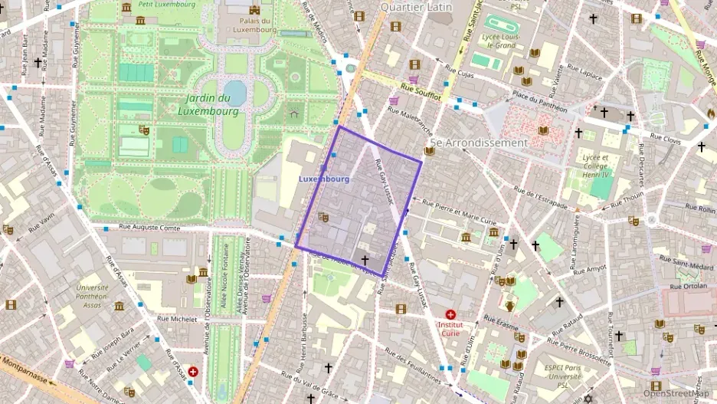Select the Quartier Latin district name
click(x=416, y=7)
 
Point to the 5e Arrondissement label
click(x=479, y=143)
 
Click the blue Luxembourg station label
click(x=323, y=179)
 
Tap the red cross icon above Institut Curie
click(x=450, y=314)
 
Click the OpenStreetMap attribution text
click(x=676, y=393)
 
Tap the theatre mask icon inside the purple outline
click(x=323, y=218)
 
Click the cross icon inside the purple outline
click(x=365, y=260)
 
